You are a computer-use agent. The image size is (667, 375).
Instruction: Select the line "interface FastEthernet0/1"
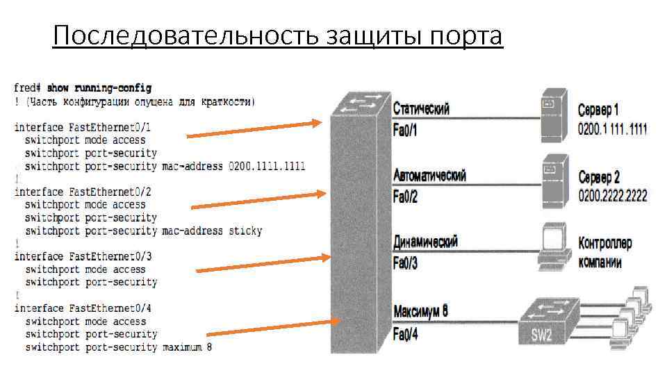[83, 127]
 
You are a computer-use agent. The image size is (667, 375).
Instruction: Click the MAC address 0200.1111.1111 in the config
[267, 166]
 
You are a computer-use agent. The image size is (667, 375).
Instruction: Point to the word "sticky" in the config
[245, 231]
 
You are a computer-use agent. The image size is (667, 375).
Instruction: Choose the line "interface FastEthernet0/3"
[83, 256]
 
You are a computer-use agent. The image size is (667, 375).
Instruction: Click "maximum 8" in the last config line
[187, 347]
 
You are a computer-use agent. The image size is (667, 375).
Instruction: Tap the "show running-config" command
[99, 88]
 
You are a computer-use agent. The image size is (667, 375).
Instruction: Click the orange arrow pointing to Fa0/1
[254, 129]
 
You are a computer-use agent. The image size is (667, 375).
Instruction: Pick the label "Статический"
[421, 109]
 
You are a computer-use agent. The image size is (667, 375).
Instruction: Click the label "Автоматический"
[429, 175]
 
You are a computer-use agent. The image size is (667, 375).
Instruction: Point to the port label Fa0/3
[405, 264]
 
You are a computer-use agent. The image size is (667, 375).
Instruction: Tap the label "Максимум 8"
[420, 311]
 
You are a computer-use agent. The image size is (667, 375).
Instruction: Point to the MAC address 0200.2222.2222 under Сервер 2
[612, 196]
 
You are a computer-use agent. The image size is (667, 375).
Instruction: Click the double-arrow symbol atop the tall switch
[359, 103]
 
